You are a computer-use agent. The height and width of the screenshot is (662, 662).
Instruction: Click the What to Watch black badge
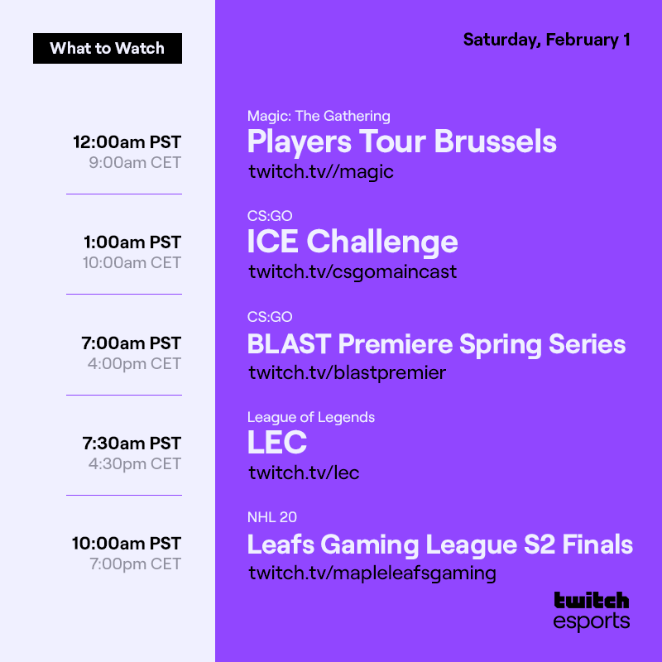click(x=108, y=48)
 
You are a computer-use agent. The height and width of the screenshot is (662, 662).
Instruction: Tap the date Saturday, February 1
click(x=546, y=40)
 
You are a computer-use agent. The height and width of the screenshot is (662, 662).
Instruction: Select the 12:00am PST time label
click(x=127, y=142)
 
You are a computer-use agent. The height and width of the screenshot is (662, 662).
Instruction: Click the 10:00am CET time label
click(x=132, y=262)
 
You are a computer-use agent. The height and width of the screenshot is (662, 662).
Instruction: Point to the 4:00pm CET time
click(x=134, y=363)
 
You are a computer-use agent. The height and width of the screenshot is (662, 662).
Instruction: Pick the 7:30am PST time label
click(x=132, y=444)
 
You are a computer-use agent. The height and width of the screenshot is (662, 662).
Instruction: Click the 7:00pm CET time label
click(x=134, y=564)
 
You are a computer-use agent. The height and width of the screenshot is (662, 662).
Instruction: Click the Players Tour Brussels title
click(x=401, y=142)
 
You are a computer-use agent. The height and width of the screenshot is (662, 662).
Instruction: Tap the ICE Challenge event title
click(x=353, y=242)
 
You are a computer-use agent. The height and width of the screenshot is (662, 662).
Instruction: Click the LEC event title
click(x=277, y=444)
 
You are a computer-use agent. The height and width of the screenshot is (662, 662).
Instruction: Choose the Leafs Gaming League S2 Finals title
click(x=439, y=544)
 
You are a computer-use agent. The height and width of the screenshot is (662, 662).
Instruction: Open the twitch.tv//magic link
click(x=321, y=172)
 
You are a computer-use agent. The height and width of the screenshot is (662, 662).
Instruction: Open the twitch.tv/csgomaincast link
click(x=353, y=272)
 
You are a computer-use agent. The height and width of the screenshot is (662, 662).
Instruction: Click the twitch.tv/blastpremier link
click(x=347, y=373)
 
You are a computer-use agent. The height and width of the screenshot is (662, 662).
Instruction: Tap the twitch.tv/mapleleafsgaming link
click(x=372, y=573)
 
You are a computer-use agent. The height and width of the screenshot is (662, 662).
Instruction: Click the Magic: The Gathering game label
click(x=319, y=116)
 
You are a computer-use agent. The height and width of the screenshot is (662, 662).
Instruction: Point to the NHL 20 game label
click(x=271, y=518)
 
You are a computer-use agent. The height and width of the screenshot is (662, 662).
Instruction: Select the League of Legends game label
click(x=310, y=417)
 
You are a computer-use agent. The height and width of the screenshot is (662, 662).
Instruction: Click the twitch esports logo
click(x=591, y=610)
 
